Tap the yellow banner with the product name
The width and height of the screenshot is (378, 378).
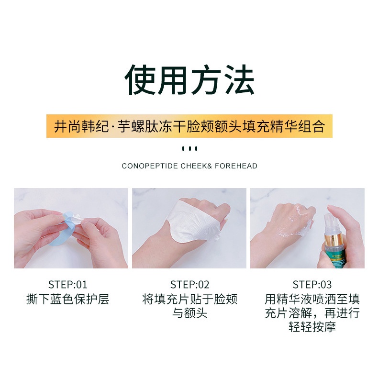tap(189, 126)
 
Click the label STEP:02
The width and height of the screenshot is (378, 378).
tap(190, 285)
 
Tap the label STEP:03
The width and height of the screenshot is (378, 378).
tap(312, 285)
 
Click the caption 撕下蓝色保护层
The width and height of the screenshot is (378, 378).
tap(68, 300)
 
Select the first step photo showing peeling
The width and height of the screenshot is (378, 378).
tap(71, 228)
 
